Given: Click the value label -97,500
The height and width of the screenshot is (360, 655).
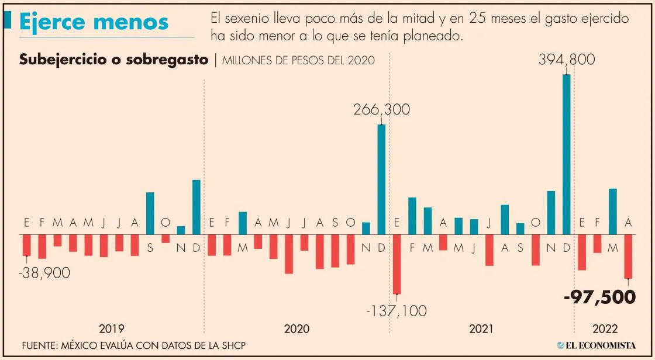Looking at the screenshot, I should (x=599, y=297).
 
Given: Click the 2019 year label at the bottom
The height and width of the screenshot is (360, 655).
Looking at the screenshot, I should (x=111, y=328).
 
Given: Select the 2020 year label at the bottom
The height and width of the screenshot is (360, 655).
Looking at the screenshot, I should (x=297, y=328).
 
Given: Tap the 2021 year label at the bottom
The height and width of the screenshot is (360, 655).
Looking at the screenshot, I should (x=481, y=328).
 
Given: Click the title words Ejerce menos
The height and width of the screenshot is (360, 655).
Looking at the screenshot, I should (x=94, y=22).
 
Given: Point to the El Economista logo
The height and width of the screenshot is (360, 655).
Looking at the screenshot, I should (x=596, y=345).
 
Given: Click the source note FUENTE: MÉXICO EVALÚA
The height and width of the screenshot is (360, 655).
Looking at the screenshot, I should (x=133, y=345).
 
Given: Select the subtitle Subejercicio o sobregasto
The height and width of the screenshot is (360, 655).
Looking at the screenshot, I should (x=114, y=60).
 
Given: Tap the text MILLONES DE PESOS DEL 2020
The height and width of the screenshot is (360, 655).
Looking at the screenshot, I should (x=298, y=60).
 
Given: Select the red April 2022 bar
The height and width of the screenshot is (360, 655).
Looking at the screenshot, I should (x=628, y=257).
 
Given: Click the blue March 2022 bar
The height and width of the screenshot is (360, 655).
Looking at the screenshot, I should (x=613, y=211).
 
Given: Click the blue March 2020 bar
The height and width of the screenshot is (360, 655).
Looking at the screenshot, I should (x=243, y=223).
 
